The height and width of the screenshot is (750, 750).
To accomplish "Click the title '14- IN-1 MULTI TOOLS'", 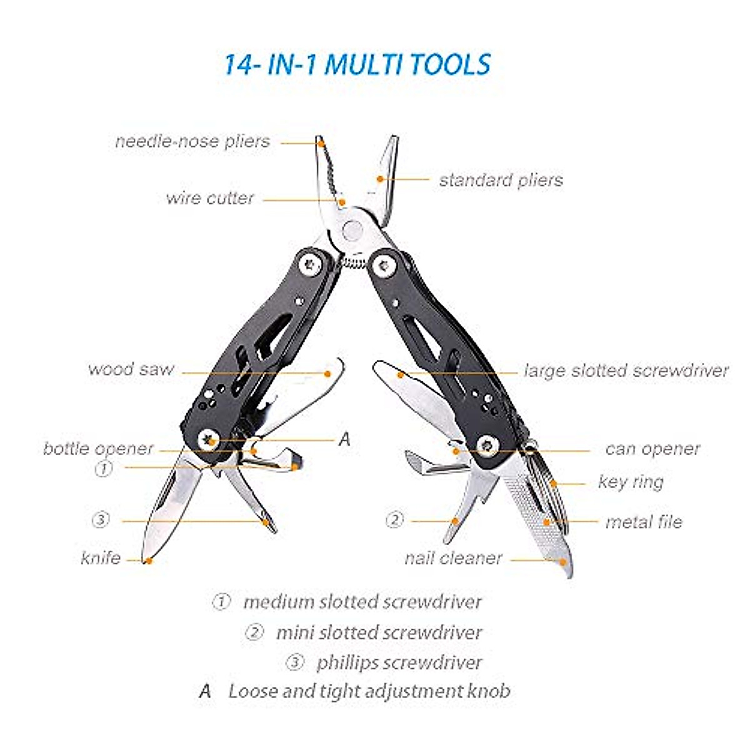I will pyautogui.click(x=357, y=65).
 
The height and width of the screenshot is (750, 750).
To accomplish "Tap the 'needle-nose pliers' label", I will pyautogui.click(x=192, y=141).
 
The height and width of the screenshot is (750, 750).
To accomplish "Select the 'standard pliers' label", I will pyautogui.click(x=501, y=180).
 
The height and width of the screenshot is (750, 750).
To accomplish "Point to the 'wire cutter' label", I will pyautogui.click(x=210, y=198).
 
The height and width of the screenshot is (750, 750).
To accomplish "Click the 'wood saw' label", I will pyautogui.click(x=131, y=369).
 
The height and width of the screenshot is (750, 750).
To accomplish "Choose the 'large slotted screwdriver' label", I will pyautogui.click(x=626, y=371).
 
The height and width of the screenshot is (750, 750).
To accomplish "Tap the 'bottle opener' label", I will pyautogui.click(x=98, y=448).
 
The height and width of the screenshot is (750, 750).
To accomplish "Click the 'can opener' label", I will pyautogui.click(x=652, y=449).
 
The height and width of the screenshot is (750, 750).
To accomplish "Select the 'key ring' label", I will pyautogui.click(x=631, y=482).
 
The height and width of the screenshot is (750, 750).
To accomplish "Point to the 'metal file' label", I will pyautogui.click(x=644, y=522).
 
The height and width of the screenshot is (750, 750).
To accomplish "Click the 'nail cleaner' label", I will pyautogui.click(x=453, y=557).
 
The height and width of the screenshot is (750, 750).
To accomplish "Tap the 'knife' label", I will pyautogui.click(x=101, y=557).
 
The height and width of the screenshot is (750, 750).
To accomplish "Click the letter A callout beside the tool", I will pyautogui.click(x=344, y=439).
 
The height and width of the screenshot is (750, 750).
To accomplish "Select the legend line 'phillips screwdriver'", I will pyautogui.click(x=399, y=662).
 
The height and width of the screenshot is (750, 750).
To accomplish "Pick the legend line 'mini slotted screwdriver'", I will pyautogui.click(x=379, y=632).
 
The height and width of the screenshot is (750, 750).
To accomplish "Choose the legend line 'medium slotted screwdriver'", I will pyautogui.click(x=362, y=602).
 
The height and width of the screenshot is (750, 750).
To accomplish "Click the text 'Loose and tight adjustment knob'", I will pyautogui.click(x=369, y=691).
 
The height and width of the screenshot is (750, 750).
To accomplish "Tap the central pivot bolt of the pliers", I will pyautogui.click(x=353, y=231).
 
